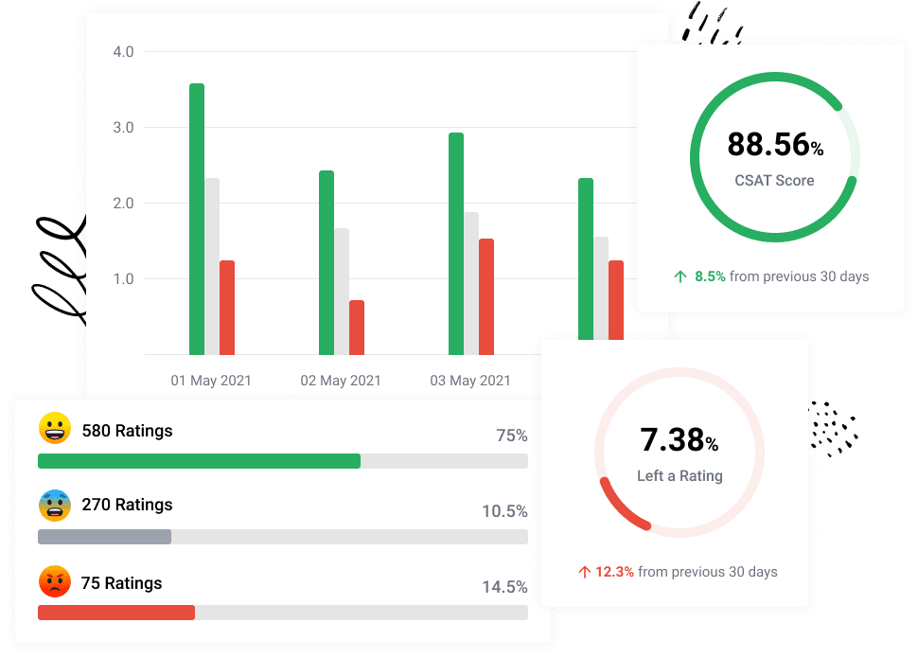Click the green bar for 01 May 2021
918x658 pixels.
[x=197, y=218]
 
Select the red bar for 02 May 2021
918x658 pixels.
[x=357, y=327]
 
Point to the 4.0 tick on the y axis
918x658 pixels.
[x=123, y=51]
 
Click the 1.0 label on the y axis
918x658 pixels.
[x=123, y=279]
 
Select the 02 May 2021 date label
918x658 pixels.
[x=341, y=381]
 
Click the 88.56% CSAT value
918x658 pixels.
[x=775, y=145]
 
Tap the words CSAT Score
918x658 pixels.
[x=774, y=180]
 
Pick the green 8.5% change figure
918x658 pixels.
[x=710, y=276]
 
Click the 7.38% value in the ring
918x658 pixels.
[x=679, y=440]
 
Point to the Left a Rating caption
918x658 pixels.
[x=680, y=476]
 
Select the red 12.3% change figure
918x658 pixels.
[x=614, y=572]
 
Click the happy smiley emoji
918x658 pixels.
[x=55, y=429]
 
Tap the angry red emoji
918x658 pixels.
[x=55, y=580]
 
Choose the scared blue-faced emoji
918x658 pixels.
[x=55, y=505]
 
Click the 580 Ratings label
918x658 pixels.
[x=127, y=431]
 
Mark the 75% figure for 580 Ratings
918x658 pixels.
[x=512, y=436]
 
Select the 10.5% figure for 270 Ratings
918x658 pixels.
[x=504, y=511]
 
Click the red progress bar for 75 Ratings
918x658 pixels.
[x=115, y=613]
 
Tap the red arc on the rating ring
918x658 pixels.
[x=616, y=507]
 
